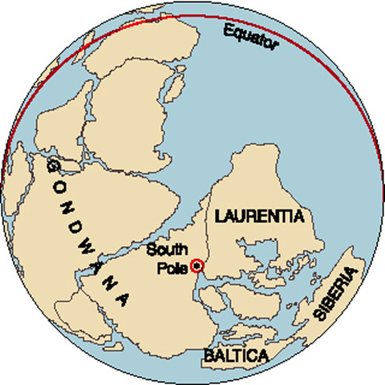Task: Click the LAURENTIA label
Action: click(256, 215)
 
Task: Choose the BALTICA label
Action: click(235, 354)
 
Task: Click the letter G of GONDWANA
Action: click(53, 164)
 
